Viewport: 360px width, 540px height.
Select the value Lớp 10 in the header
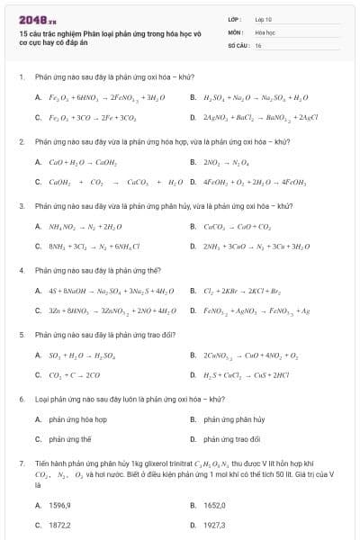(263, 18)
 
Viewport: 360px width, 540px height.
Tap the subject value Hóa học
(265, 31)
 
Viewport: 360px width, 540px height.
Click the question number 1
(20, 77)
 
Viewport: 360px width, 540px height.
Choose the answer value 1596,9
(59, 505)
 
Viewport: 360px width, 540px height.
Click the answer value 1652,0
(214, 505)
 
